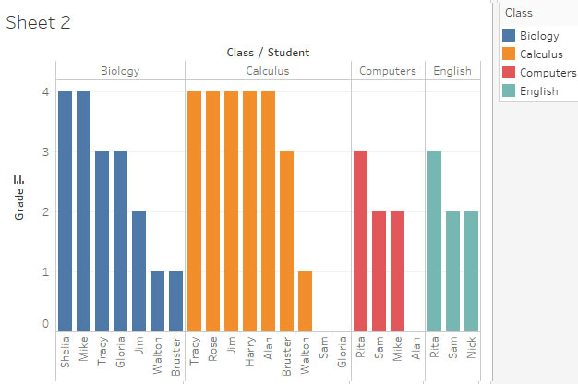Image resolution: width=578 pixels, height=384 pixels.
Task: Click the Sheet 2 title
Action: (x=38, y=23)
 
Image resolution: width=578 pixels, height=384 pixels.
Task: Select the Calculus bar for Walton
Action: (x=305, y=301)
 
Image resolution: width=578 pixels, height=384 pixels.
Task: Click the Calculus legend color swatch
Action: (x=508, y=54)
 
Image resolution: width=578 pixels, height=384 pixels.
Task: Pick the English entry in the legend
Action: (x=538, y=91)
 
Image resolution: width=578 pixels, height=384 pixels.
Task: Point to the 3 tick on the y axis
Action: (x=44, y=151)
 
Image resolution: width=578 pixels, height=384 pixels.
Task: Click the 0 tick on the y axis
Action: (x=44, y=324)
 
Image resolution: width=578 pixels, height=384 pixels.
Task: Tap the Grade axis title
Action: (x=19, y=198)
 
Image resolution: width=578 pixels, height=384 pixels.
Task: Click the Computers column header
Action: (x=387, y=71)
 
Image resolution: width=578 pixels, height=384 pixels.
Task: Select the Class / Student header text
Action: (x=268, y=53)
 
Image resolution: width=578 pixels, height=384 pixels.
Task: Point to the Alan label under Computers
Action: (x=415, y=354)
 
